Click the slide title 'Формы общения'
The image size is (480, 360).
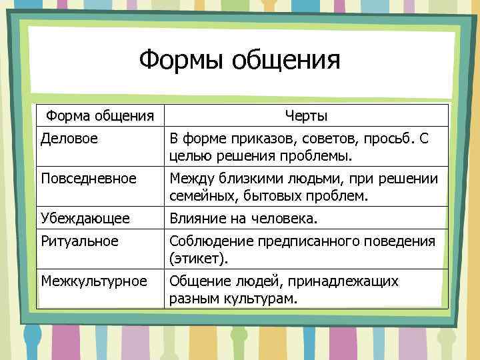[239, 61]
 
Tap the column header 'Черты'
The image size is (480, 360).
[306, 116]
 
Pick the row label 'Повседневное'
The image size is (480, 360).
[89, 179]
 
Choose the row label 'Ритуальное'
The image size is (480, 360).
[80, 241]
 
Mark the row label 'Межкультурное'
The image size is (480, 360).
[94, 281]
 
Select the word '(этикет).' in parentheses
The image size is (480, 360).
[199, 258]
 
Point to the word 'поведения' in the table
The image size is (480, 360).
[401, 241]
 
